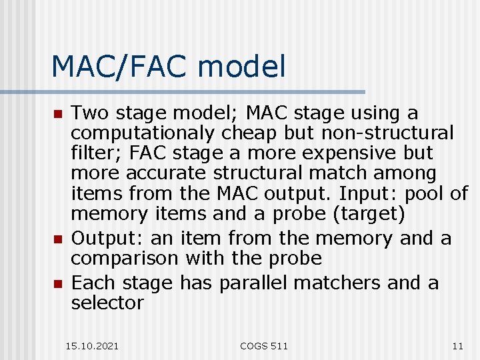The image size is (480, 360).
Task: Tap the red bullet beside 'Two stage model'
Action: click(x=58, y=115)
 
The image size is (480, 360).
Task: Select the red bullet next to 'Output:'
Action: click(x=58, y=239)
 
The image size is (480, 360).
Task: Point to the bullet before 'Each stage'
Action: click(x=58, y=284)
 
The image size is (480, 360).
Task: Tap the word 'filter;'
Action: click(x=97, y=153)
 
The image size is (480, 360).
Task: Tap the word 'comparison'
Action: click(x=125, y=258)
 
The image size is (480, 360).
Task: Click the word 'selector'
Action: click(x=107, y=303)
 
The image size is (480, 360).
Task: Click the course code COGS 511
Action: click(x=264, y=345)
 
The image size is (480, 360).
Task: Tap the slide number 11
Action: click(x=457, y=345)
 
